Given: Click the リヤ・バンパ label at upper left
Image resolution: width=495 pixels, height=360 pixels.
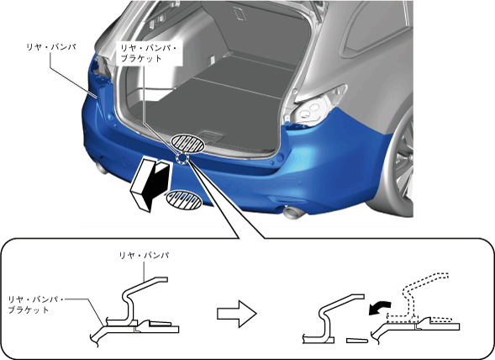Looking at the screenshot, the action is (51, 47).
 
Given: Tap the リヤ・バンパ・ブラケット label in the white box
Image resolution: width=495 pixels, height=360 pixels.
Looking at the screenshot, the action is (149, 53).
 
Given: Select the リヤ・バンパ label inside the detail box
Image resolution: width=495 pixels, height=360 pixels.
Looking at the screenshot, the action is (144, 255).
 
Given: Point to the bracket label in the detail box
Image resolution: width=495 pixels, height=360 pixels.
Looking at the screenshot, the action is (35, 304).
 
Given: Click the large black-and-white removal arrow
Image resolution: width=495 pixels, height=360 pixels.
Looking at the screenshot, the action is (150, 185).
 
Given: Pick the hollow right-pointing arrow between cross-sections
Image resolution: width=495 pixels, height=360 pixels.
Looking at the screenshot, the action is (237, 314).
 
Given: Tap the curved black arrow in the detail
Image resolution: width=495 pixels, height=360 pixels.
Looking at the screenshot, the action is (380, 308).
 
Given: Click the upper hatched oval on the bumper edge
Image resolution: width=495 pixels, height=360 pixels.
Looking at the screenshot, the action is (187, 144).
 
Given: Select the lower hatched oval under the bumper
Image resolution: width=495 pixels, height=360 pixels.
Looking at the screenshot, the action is (184, 199).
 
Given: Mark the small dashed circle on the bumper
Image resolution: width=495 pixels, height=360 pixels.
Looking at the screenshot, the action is (182, 158).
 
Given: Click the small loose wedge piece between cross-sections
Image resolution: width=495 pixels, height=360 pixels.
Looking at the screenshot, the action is (357, 341).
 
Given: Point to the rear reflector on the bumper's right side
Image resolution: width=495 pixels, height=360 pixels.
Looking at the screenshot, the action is (282, 199).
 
